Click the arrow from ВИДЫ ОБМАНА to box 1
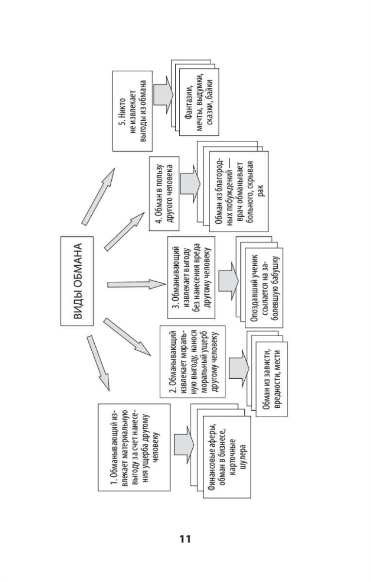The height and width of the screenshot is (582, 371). [x=98, y=362]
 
